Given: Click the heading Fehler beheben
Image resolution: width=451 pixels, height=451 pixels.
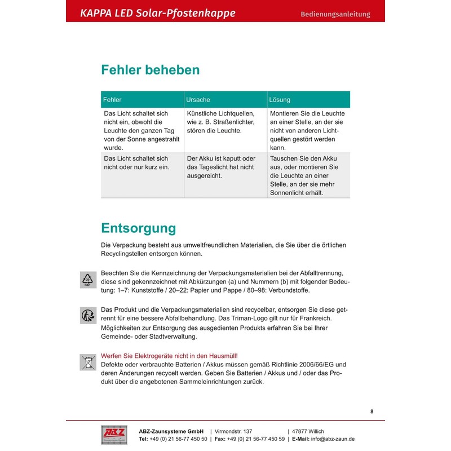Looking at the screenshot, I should coord(150,70).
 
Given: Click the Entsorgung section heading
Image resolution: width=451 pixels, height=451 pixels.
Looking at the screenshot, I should coord(138,228).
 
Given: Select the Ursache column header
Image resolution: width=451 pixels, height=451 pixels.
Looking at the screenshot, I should coord(198,100).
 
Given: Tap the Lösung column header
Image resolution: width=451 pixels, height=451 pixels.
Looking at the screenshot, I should coord(280,100).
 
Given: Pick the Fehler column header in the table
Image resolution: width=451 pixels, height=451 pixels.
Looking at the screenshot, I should coord(112,100).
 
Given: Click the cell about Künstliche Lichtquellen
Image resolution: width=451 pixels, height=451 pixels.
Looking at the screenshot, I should coord(220,122).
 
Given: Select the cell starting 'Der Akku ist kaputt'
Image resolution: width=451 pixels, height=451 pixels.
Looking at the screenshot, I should coord(220,167).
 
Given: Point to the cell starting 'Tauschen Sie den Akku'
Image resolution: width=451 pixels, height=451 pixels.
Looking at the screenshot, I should coord(304,175).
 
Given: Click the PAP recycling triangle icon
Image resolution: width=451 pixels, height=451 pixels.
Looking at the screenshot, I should coord(87,280).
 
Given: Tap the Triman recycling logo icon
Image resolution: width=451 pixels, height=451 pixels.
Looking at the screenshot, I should coord(87,315).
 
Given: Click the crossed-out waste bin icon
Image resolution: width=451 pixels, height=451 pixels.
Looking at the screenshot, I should coord(87,362).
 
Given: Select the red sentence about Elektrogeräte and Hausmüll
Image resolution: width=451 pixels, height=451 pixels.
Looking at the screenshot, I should coord(169,356).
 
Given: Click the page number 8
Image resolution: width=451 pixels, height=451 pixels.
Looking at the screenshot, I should coord(372,412).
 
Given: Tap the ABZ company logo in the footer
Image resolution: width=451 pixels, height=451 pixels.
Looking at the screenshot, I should coord(114,435).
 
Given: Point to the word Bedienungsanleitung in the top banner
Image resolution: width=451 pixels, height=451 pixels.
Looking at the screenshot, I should coord(335,14).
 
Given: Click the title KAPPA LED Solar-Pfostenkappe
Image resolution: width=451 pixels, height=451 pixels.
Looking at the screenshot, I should coord(158,13).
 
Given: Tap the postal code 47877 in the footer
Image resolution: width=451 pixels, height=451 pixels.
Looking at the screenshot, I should coord(301,431).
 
